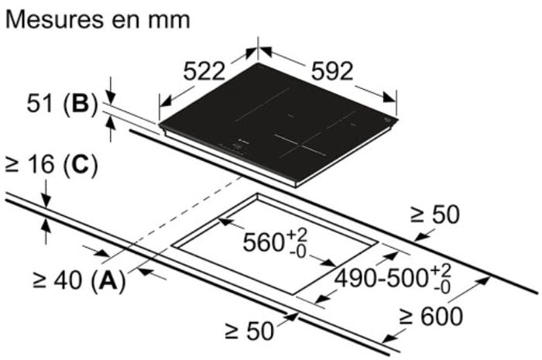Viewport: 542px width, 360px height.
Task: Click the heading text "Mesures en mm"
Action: click(98, 19)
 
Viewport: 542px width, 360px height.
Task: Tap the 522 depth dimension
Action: click(204, 72)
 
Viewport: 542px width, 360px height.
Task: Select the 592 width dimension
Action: click(332, 71)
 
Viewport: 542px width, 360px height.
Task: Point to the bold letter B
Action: click(81, 103)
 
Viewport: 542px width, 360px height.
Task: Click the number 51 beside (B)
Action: click(40, 103)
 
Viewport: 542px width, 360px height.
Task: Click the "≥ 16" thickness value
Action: click(30, 164)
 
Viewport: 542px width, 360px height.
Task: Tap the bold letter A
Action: click(108, 279)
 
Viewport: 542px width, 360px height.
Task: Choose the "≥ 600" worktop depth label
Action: click(431, 317)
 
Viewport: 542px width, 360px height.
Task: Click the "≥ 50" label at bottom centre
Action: click(249, 331)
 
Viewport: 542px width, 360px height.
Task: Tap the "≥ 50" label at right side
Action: click(434, 214)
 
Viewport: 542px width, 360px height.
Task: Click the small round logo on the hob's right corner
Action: click(386, 120)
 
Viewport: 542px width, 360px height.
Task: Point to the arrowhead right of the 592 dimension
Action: click(389, 97)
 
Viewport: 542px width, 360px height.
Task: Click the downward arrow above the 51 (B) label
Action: click(111, 91)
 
